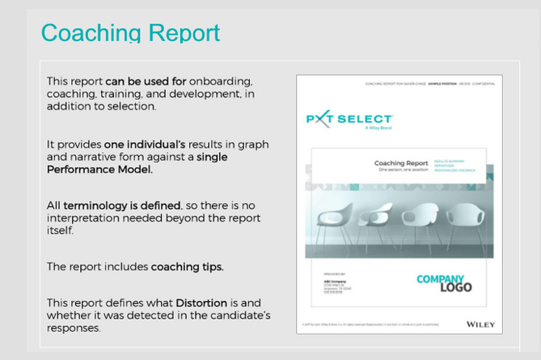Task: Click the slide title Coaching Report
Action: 130,33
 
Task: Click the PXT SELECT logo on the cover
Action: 349,120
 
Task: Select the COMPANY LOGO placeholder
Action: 444,283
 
